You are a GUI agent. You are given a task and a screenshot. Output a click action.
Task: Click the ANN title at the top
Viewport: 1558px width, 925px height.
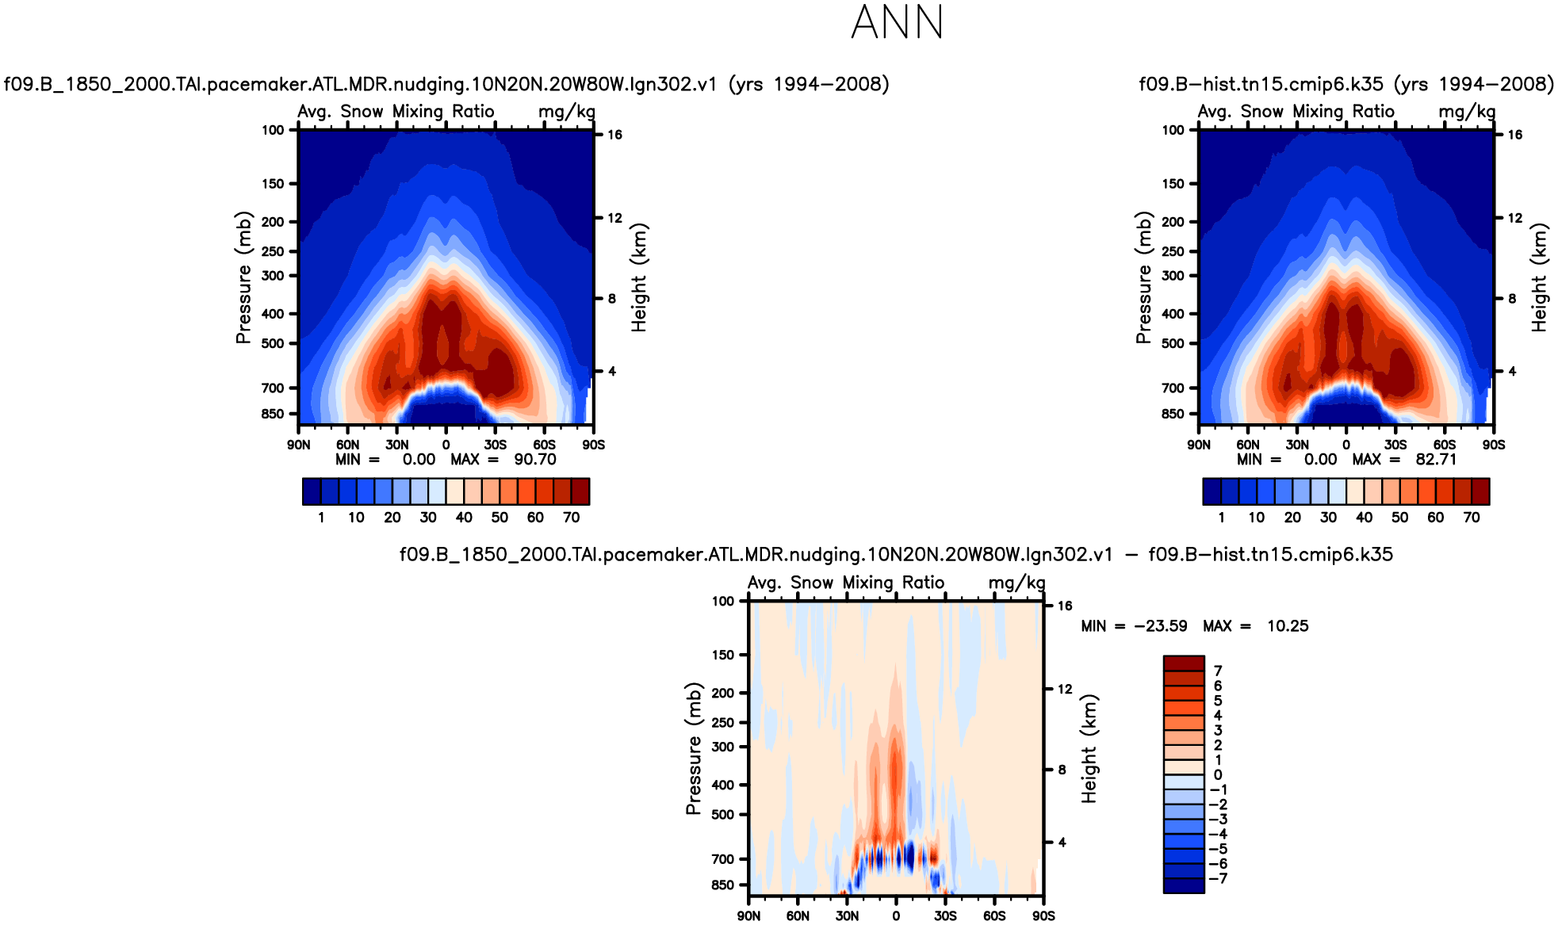pos(897,22)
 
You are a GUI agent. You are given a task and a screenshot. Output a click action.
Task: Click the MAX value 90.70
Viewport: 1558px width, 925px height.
pos(535,460)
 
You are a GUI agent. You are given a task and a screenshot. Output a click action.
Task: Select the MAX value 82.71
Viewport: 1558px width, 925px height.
pos(1436,460)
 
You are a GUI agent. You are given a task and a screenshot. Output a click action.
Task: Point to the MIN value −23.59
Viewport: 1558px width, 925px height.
pos(1161,626)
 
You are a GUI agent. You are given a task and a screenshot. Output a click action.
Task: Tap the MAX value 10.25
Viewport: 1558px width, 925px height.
pos(1288,626)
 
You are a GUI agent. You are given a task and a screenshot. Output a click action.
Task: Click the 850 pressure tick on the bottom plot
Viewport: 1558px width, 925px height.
pos(723,885)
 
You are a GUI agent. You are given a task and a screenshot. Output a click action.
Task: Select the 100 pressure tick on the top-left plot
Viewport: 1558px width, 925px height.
pos(273,130)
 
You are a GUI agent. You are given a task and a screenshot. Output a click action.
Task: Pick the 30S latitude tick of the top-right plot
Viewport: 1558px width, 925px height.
pos(1395,445)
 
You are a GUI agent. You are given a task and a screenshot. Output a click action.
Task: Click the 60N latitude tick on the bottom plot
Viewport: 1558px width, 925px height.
pos(798,916)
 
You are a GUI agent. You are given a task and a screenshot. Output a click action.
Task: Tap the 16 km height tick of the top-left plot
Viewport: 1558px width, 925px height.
pos(614,135)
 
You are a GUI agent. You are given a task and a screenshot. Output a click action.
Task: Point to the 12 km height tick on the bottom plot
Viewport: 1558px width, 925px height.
pos(1065,690)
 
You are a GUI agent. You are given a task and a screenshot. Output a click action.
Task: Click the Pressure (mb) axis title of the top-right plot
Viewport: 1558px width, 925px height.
pos(1143,277)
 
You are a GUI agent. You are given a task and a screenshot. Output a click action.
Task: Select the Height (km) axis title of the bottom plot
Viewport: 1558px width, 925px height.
pos(1089,749)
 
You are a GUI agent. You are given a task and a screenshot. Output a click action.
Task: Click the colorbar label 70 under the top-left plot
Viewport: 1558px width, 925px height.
pos(571,518)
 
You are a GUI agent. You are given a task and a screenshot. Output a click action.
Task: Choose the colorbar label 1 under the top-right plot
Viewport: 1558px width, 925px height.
pos(1221,518)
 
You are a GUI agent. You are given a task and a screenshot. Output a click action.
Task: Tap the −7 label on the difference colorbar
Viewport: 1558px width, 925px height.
pos(1218,878)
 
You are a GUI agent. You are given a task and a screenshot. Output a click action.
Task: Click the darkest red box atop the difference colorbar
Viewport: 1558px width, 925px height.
pos(1184,663)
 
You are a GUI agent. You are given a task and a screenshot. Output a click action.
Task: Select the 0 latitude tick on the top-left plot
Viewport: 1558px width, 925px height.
pos(446,445)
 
